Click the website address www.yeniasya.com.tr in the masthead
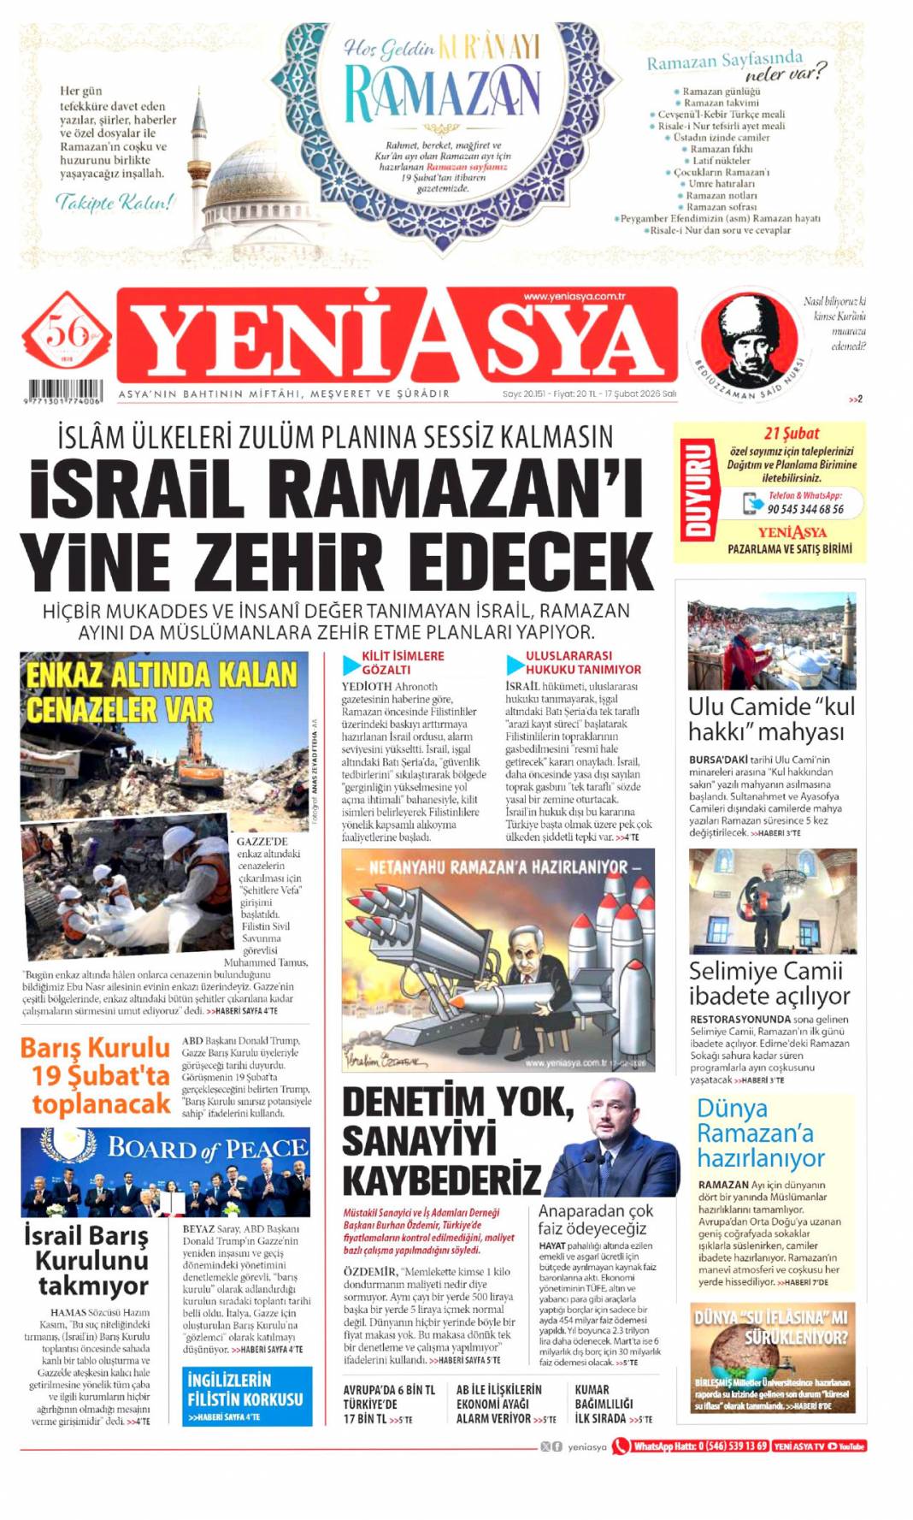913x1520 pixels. click(574, 297)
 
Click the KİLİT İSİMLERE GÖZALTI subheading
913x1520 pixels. click(402, 663)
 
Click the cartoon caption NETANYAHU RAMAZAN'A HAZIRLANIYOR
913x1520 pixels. click(498, 866)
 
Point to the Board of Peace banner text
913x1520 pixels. click(207, 1148)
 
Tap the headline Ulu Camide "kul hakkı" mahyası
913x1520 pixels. click(771, 719)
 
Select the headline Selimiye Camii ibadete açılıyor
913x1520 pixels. click(769, 983)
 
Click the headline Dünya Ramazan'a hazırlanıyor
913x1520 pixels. click(761, 1133)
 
